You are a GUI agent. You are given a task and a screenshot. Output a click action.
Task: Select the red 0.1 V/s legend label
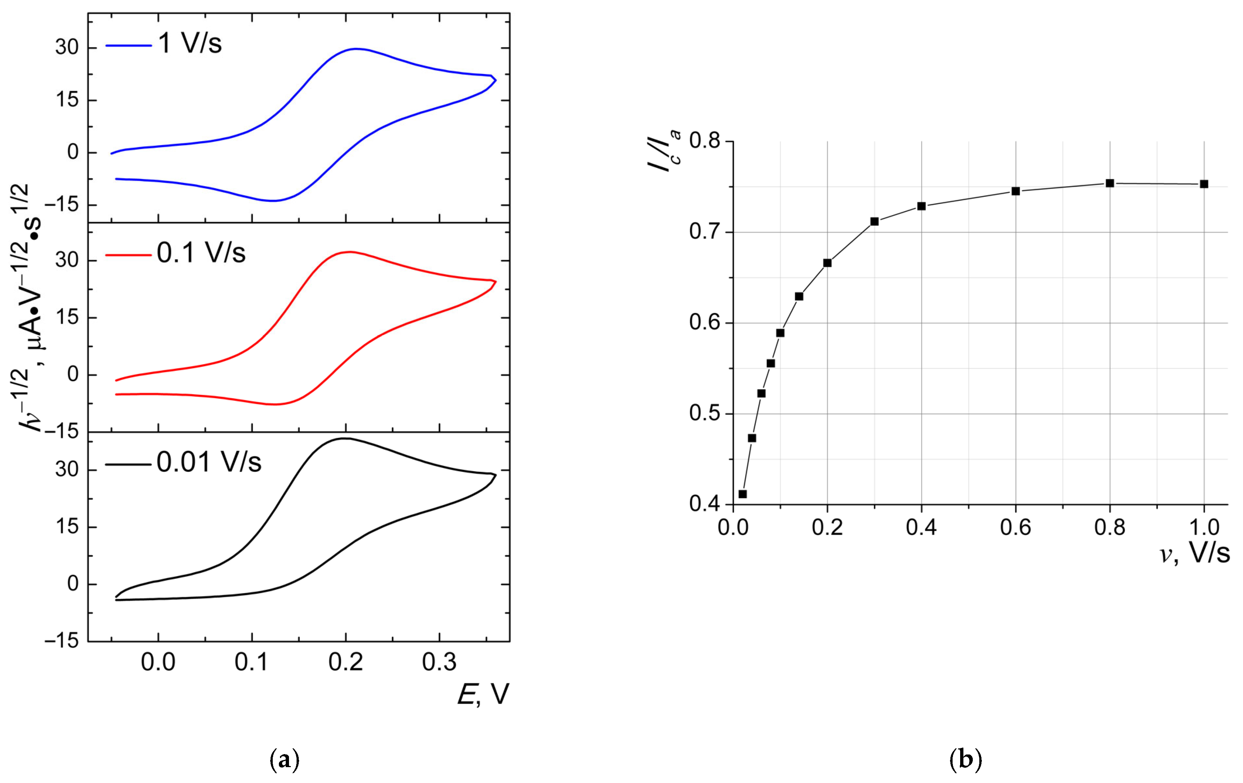click(x=201, y=253)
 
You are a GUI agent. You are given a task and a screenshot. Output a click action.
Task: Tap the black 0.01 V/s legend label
click(x=209, y=462)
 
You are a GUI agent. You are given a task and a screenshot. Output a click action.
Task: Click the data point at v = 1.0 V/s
click(x=1204, y=184)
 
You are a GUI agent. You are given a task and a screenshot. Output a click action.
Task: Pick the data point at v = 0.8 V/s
click(x=1110, y=183)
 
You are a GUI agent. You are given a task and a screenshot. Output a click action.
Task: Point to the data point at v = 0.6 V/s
click(x=1016, y=191)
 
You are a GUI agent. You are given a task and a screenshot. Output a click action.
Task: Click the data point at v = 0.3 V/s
click(x=875, y=221)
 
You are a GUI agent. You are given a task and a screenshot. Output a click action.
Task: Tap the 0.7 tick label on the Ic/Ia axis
click(x=705, y=232)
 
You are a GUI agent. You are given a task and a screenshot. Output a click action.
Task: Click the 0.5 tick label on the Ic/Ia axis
click(x=705, y=414)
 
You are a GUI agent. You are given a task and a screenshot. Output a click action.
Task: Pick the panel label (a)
click(x=284, y=760)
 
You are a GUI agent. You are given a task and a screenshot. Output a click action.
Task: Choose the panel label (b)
click(x=966, y=760)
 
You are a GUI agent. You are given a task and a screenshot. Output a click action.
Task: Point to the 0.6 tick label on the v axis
click(x=1016, y=527)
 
